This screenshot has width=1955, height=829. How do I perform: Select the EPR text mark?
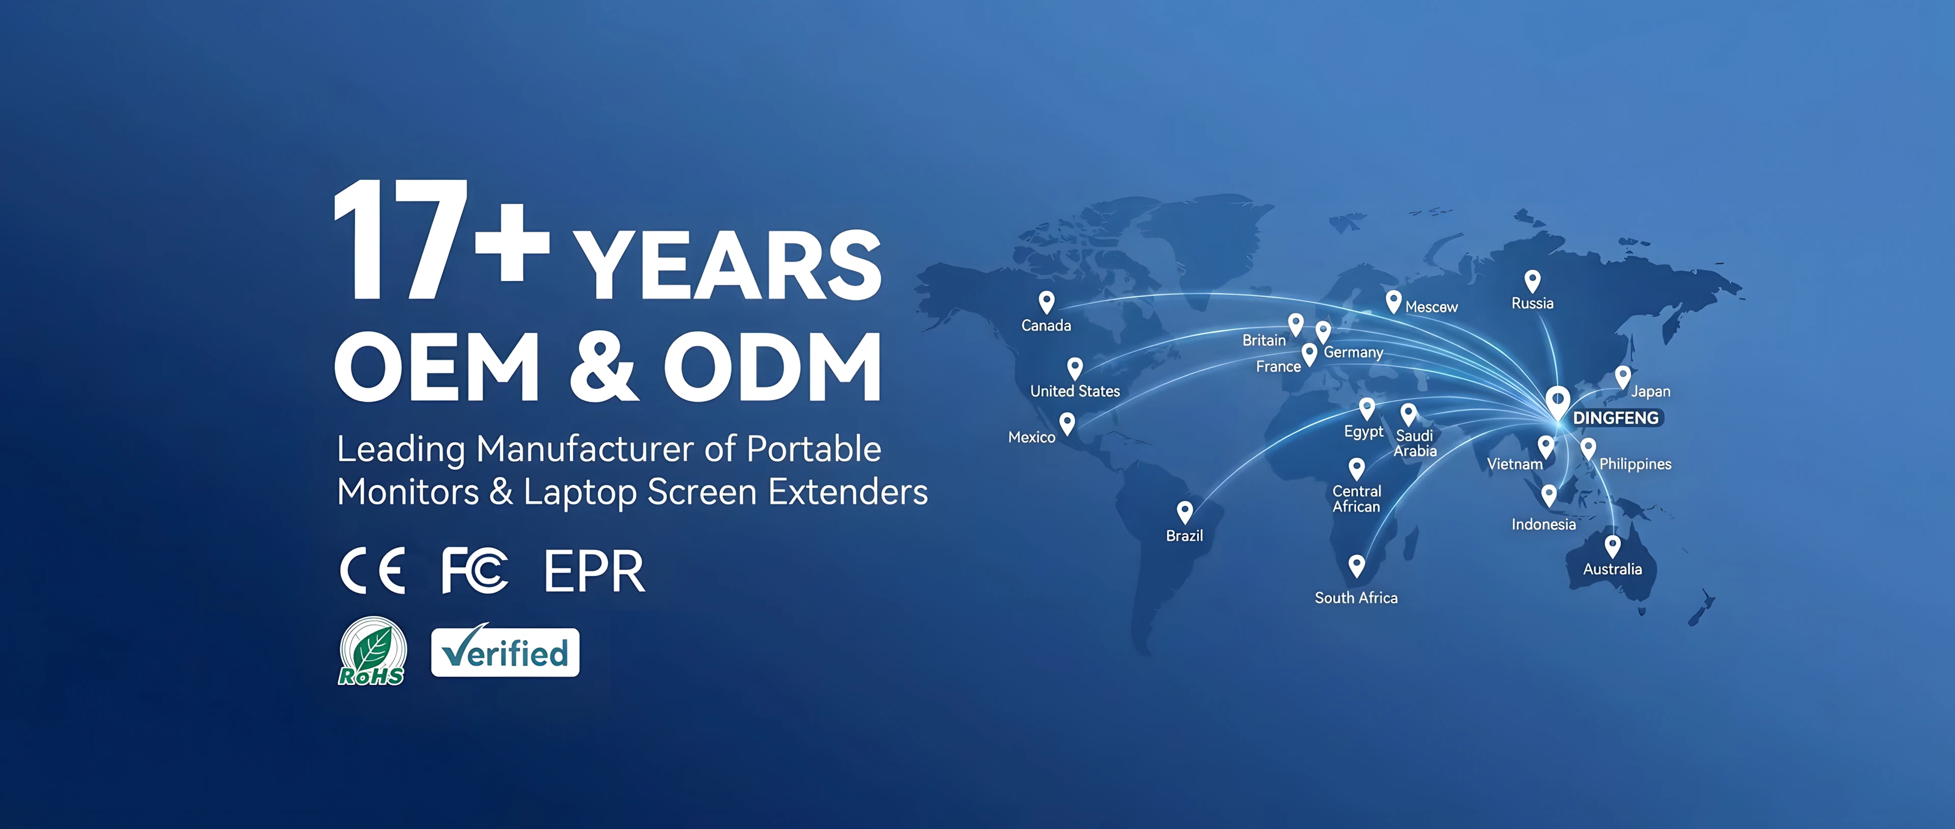pos(594,571)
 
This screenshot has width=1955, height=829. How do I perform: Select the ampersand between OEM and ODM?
pos(602,367)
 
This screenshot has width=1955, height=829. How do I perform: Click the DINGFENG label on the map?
pos(1616,418)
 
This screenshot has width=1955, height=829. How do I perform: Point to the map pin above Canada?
pos(1047,302)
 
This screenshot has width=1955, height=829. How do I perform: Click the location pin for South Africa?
pos(1356,566)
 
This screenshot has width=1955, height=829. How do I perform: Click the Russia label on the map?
pos(1532,304)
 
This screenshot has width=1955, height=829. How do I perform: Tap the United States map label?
pos(1075,392)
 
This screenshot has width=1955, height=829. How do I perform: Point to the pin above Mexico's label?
pos(1067,423)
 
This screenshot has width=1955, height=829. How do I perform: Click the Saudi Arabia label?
pos(1415,443)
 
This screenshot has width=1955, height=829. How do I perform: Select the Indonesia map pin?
pos(1549,495)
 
